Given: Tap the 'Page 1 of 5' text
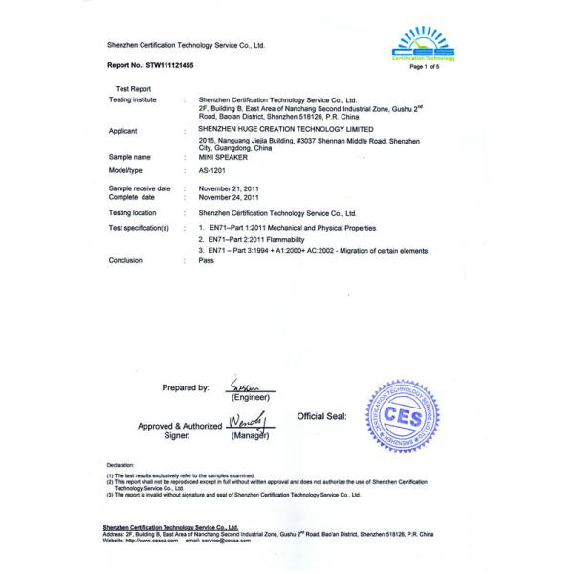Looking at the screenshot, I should [x=424, y=67].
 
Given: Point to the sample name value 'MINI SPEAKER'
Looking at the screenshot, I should [x=220, y=156].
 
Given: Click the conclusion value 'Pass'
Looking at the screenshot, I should [x=204, y=260].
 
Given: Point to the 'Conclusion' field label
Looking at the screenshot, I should [x=126, y=260].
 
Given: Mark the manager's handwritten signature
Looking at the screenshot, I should [x=246, y=420].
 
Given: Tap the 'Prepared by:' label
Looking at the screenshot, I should [x=186, y=388].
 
